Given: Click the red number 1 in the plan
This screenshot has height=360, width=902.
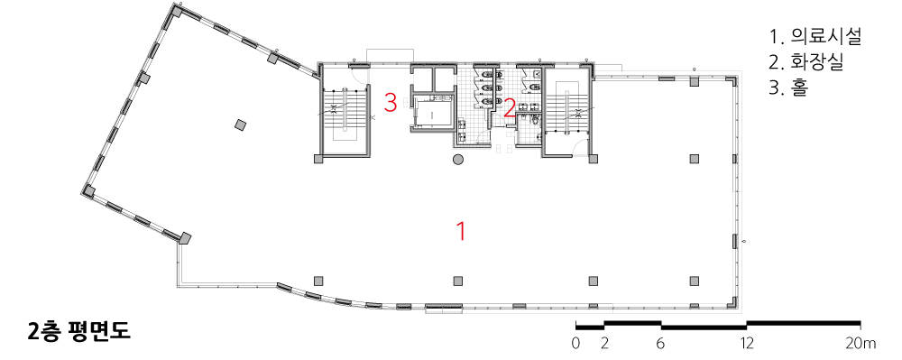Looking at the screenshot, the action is (460, 231).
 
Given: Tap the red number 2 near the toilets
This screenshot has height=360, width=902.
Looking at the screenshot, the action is (509, 108).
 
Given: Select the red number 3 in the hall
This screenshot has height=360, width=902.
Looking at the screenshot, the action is (391, 103).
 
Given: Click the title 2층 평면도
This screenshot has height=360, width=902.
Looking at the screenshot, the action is (79, 331).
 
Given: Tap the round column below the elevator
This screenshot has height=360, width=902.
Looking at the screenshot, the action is (458, 160).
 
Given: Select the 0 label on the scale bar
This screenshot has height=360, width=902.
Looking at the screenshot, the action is (575, 344).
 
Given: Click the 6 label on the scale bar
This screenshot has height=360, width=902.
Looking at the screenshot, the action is (660, 344).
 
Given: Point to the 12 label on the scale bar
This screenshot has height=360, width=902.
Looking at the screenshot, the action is (746, 344).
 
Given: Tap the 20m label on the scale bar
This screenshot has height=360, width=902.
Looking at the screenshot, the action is (861, 344).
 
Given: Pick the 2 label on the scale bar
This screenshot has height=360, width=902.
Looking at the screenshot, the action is (604, 344).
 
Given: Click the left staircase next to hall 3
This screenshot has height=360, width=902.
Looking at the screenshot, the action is (344, 115).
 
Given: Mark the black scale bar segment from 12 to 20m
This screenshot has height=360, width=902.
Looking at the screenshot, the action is (803, 323).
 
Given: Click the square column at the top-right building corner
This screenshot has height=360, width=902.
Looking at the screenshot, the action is (732, 80).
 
